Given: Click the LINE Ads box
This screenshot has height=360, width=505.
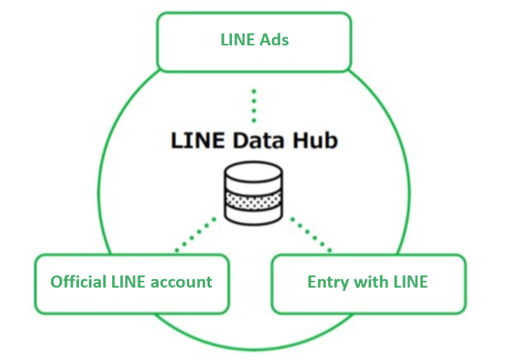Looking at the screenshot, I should pos(254,41).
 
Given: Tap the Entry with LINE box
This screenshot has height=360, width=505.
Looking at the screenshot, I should pos(368,283).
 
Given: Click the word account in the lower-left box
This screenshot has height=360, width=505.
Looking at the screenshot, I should pos(182,282).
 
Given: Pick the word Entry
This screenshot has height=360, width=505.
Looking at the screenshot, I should pos(326,282).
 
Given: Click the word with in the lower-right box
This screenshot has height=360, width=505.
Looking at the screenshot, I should pos(368,282).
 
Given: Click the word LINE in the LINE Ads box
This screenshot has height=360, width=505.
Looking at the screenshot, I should pos(238,39).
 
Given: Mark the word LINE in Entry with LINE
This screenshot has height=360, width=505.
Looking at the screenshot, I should pos(408,282).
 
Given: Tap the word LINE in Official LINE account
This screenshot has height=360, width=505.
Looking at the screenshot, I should pos(128,282).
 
